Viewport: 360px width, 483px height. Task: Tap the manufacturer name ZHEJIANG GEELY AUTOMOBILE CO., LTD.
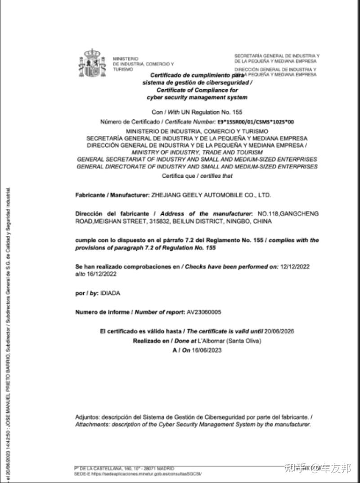click(x=211, y=195)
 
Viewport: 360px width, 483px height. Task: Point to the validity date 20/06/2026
click(x=279, y=331)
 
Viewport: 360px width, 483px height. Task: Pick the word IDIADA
click(x=110, y=293)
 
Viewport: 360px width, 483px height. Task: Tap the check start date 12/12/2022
click(x=295, y=266)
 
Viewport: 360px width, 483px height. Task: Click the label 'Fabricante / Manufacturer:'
click(x=112, y=195)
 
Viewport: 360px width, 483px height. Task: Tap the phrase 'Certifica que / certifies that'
click(x=197, y=176)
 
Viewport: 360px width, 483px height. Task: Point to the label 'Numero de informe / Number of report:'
click(x=130, y=312)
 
